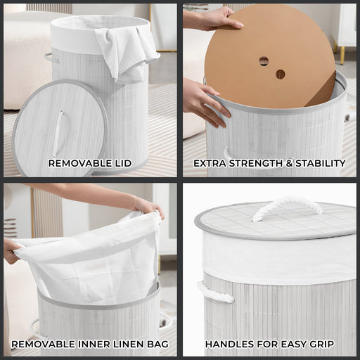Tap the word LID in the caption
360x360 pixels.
tap(123, 163)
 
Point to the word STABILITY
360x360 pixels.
tap(321, 163)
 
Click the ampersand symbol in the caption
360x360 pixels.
tap(289, 163)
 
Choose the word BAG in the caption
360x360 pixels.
tap(157, 344)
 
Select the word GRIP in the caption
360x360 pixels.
tap(321, 344)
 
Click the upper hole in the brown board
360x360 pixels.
tap(264, 61)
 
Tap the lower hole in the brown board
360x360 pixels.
tap(281, 74)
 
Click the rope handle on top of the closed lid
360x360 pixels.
tap(288, 207)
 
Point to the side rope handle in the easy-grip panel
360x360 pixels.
tap(214, 292)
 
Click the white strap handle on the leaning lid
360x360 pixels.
tap(58, 134)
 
